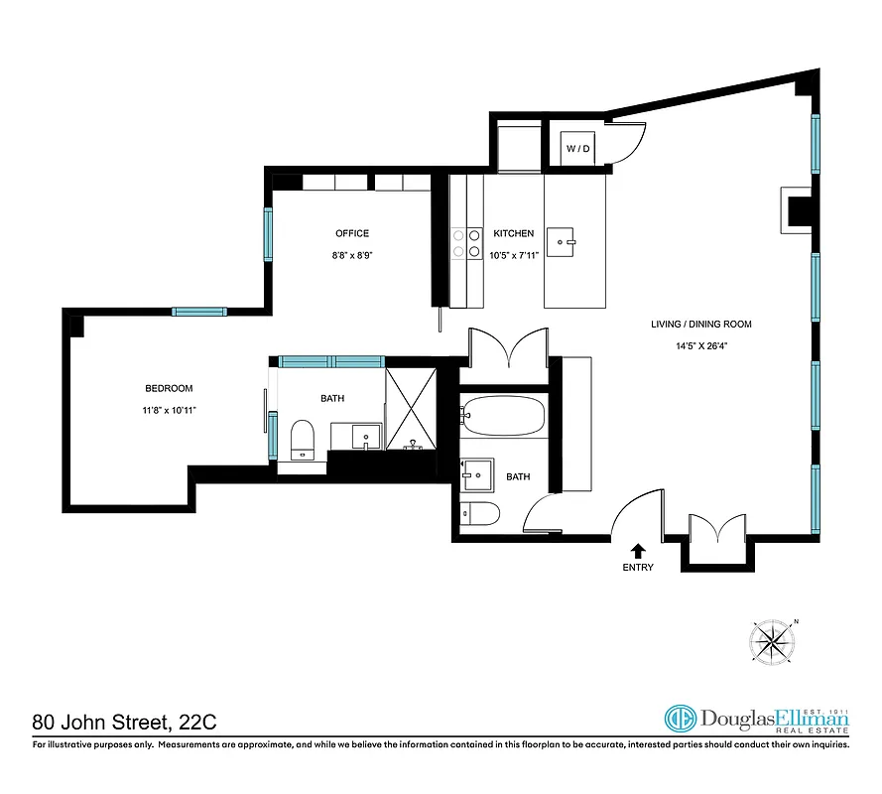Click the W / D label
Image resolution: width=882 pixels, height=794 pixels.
[578, 149]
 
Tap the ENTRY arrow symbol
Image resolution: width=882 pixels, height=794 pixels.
[637, 549]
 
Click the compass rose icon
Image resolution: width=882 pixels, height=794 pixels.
[773, 642]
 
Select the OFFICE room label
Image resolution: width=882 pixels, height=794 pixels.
[351, 233]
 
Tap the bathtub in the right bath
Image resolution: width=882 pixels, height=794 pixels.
[503, 414]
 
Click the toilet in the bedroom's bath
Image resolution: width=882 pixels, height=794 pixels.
[303, 439]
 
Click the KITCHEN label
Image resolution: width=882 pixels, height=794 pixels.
[513, 233]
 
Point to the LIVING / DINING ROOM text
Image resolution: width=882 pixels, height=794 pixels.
[700, 324]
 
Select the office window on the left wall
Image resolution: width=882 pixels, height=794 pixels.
[268, 234]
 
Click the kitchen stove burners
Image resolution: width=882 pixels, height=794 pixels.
[459, 243]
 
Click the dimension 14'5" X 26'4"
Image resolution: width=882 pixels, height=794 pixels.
[700, 347]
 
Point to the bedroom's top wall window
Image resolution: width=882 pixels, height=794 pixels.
[199, 312]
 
